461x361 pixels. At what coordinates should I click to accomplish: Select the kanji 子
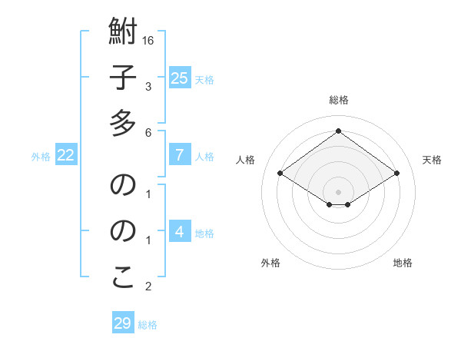pos(123,78)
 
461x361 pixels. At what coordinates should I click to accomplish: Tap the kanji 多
pos(123,122)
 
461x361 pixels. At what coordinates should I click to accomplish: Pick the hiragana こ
pos(123,277)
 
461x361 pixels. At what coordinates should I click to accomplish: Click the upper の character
pos(123,184)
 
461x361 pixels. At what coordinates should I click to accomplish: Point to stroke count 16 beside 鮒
pos(148,40)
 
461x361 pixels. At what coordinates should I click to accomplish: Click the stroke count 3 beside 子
pos(148,86)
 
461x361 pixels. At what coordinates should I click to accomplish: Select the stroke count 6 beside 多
pos(148,132)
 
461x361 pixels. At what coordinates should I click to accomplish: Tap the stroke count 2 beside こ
pos(148,287)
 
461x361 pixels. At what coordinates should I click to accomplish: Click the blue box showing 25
pos(179,78)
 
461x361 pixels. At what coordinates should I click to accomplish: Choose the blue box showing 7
pos(179,155)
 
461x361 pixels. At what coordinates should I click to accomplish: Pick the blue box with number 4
pos(179,233)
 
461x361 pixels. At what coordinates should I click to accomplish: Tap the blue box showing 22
pos(65,155)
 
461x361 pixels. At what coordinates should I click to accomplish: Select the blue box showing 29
pos(123,323)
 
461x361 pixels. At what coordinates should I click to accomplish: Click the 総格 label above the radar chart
pos(338,100)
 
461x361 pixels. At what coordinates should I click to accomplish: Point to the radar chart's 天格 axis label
pos(432,160)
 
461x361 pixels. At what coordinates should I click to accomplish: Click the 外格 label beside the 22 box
pos(41,157)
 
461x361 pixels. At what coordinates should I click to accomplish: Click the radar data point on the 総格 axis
pos(338,130)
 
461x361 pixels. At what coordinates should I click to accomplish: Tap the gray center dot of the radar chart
pos(338,190)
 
